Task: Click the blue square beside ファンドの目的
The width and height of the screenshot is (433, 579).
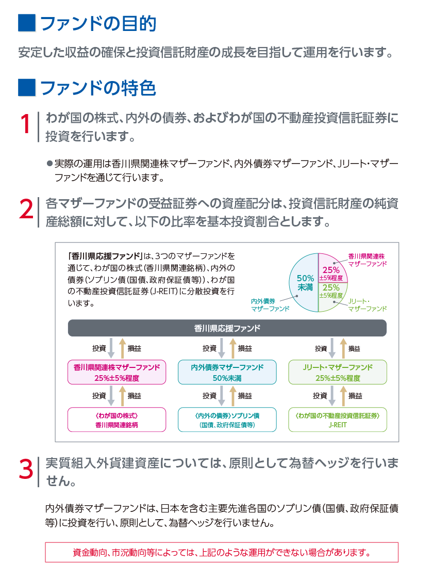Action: click(27, 23)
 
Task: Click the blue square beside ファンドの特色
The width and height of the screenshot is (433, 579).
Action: click(27, 88)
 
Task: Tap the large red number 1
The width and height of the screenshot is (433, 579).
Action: click(25, 124)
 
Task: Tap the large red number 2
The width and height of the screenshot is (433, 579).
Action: click(26, 209)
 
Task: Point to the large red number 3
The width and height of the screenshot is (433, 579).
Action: click(26, 469)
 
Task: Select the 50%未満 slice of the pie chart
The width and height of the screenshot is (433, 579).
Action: click(304, 282)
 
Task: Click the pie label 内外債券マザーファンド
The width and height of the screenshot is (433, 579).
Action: click(270, 305)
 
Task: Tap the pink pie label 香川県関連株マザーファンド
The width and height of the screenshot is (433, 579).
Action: click(368, 260)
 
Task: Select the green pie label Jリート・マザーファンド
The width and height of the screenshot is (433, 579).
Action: click(368, 305)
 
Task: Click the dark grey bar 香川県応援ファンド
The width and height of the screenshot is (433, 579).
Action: click(227, 328)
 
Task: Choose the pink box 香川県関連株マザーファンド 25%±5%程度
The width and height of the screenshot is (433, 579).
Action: click(117, 372)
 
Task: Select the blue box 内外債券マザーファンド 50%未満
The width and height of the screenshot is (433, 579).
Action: click(227, 372)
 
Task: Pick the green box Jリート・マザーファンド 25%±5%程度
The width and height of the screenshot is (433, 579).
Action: click(338, 372)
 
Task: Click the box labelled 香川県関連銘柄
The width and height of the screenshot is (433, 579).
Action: click(117, 420)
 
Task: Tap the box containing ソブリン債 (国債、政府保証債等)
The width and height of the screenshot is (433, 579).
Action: click(227, 420)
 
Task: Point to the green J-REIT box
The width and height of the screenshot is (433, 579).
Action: click(338, 420)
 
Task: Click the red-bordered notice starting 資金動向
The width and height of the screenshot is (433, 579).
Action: click(222, 552)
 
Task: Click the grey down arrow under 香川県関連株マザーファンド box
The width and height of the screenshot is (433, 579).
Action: click(111, 395)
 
